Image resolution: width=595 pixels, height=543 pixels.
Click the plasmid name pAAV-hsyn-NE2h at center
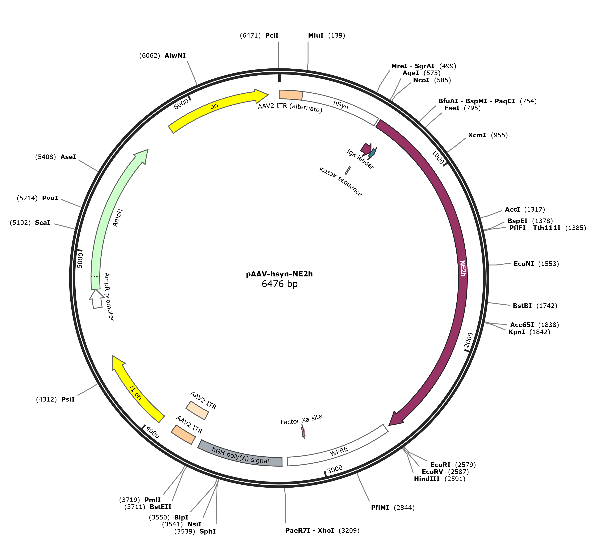point(279,274)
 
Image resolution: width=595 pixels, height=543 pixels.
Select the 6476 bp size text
point(280,284)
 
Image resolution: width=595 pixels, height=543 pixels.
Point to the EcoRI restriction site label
point(441,465)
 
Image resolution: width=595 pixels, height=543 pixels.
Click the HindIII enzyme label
point(427,479)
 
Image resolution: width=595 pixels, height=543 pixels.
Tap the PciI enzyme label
point(272,35)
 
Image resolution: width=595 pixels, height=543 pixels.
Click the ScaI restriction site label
point(42,223)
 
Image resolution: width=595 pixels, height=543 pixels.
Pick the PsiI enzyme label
point(68,399)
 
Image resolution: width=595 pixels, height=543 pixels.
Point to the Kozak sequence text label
point(341,181)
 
